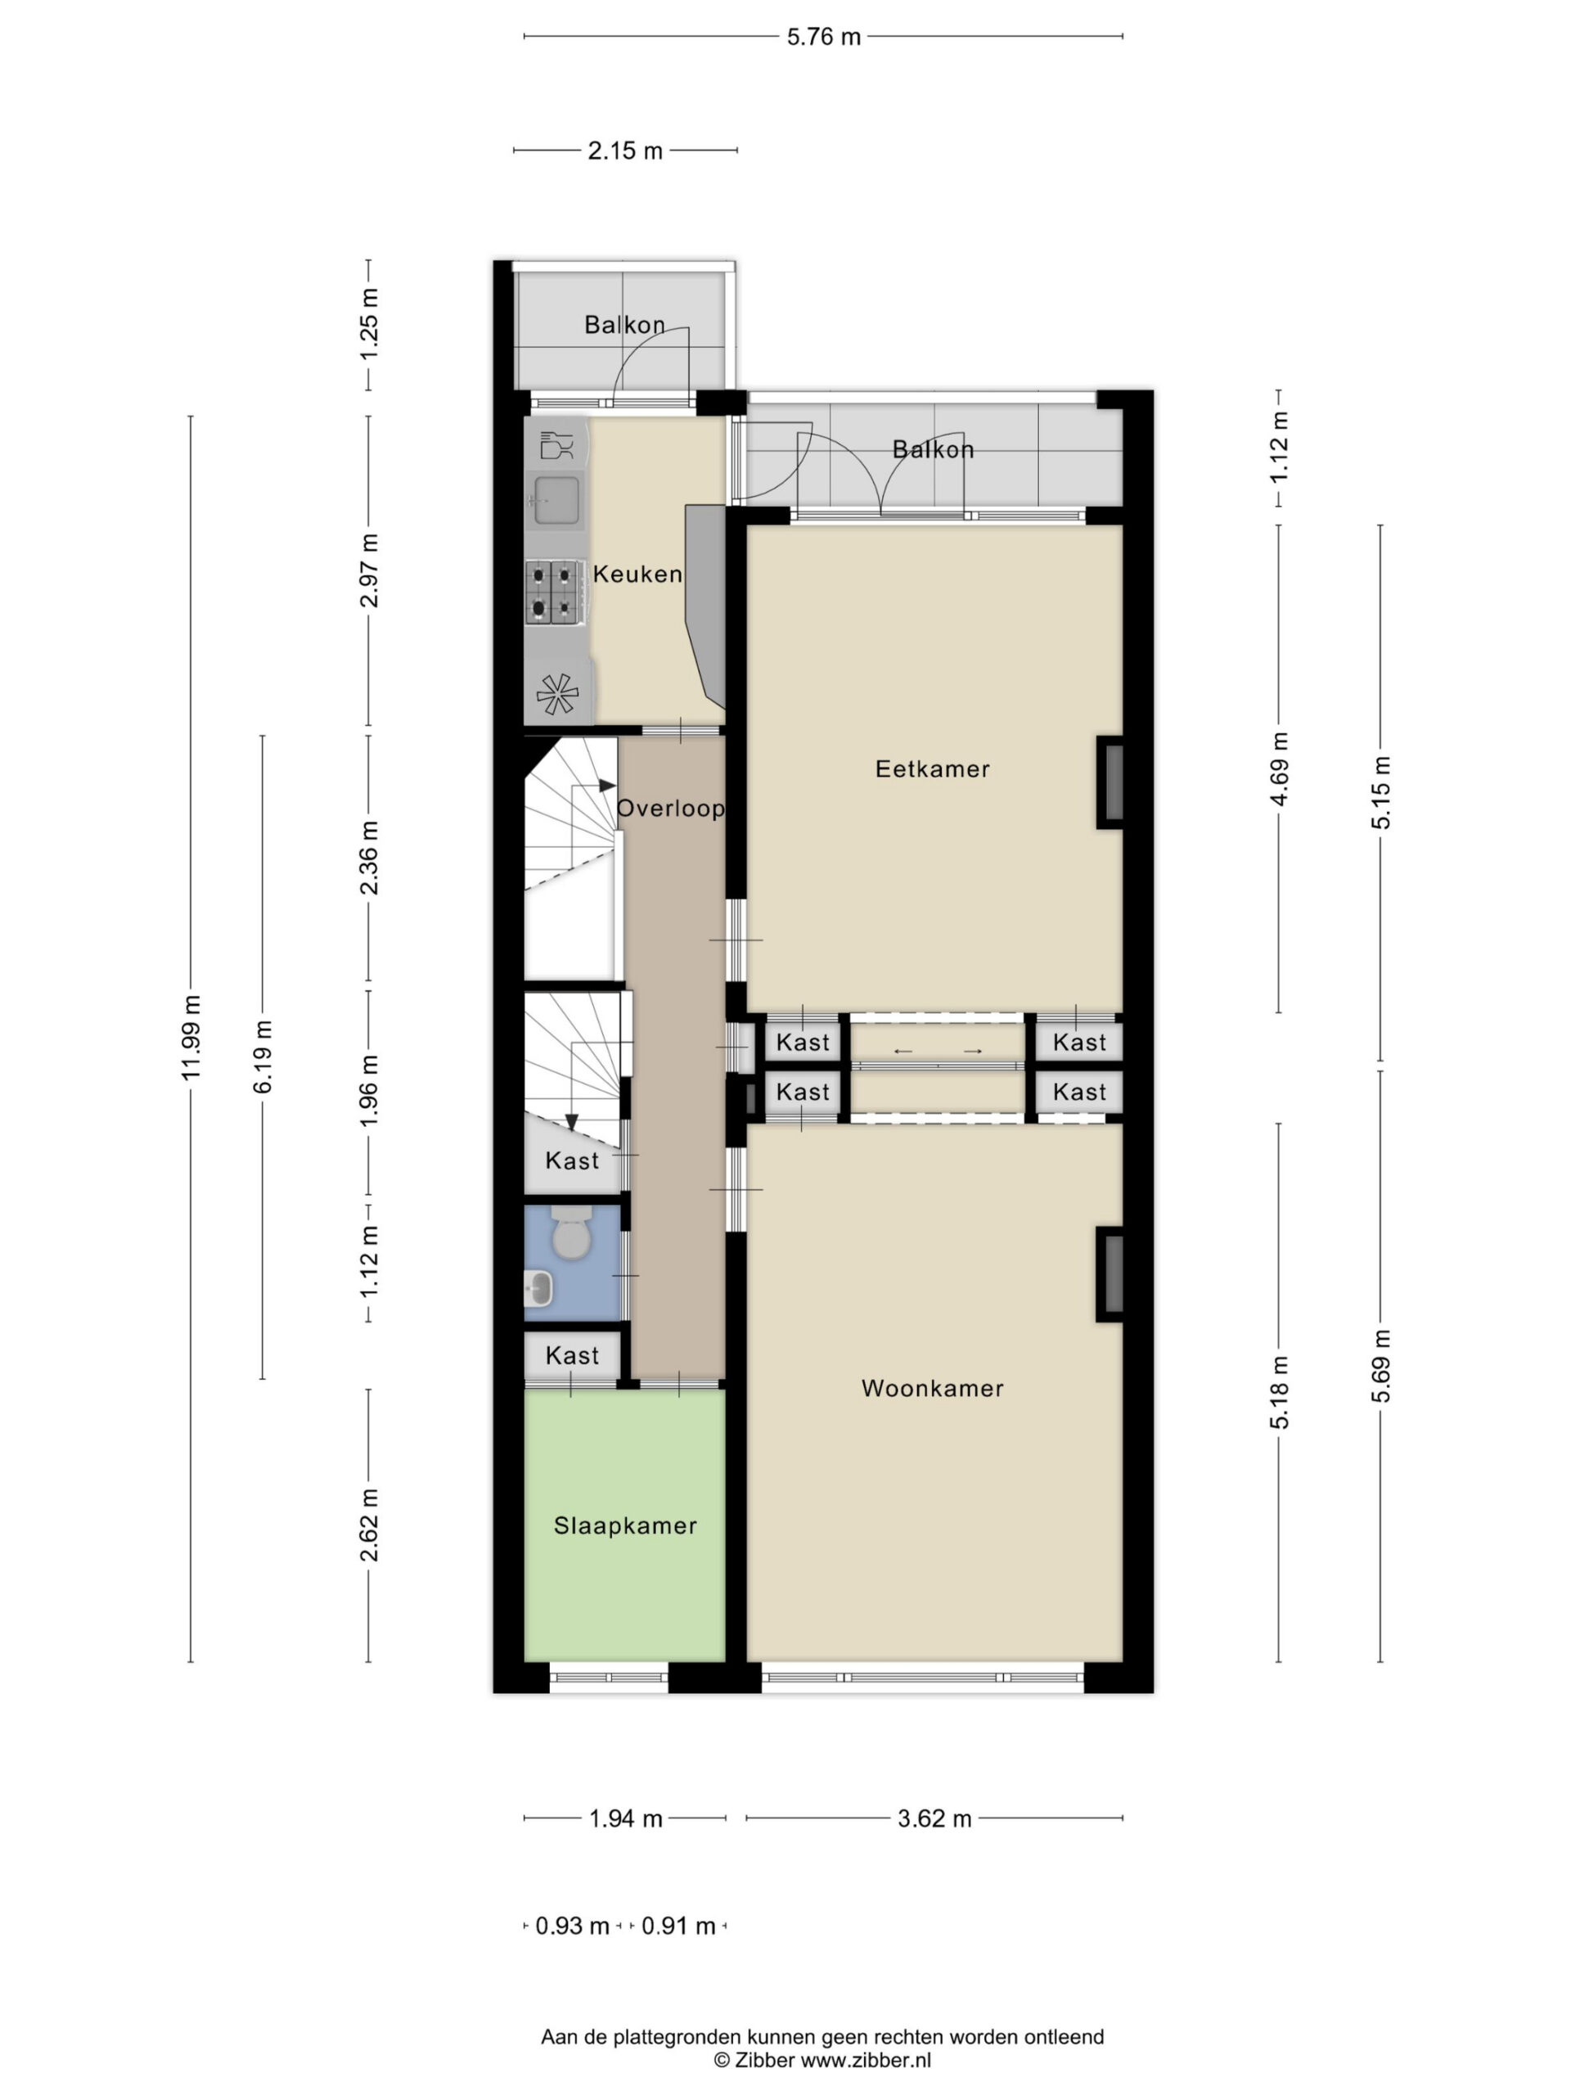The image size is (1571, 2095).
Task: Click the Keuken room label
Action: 637,573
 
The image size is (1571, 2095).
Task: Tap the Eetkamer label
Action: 932,768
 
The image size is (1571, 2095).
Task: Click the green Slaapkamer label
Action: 625,1525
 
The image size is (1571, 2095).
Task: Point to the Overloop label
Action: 670,808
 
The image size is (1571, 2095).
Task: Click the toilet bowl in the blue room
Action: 571,1232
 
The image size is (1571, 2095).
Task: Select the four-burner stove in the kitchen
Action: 552,592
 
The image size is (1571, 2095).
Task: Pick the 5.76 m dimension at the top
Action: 824,37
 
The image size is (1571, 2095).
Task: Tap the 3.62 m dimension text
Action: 934,1818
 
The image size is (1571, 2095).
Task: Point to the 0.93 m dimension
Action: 572,1926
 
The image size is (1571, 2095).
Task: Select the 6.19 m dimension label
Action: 263,1057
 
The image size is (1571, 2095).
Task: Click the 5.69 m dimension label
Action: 1382,1367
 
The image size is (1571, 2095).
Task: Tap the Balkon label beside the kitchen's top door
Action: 624,325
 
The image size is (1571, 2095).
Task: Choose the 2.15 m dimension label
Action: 625,151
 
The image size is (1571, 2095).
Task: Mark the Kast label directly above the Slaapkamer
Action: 572,1355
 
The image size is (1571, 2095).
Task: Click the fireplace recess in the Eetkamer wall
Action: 1112,782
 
